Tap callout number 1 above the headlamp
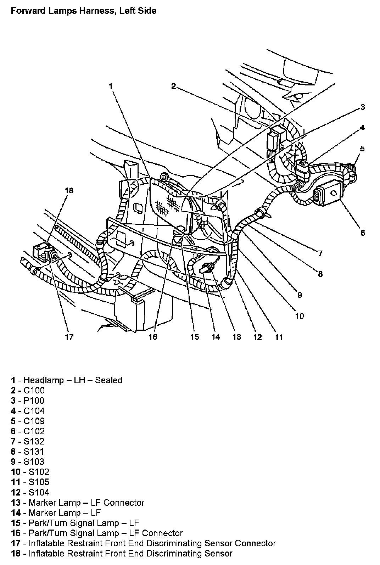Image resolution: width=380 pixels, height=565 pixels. click(x=111, y=86)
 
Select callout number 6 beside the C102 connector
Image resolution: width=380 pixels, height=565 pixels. click(x=362, y=233)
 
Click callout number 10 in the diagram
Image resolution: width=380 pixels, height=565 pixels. click(x=300, y=315)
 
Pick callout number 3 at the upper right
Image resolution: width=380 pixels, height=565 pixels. click(x=363, y=107)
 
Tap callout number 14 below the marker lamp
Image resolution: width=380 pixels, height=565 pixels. click(x=216, y=337)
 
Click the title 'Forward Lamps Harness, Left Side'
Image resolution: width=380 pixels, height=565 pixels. click(x=84, y=11)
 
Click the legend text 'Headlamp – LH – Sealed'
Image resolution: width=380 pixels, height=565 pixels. click(x=73, y=380)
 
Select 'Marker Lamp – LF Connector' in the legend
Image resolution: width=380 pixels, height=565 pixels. click(x=86, y=503)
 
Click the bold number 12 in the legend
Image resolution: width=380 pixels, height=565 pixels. click(x=15, y=492)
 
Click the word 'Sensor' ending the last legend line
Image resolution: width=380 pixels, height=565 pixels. click(x=216, y=554)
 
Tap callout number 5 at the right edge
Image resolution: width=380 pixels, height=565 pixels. click(x=362, y=148)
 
